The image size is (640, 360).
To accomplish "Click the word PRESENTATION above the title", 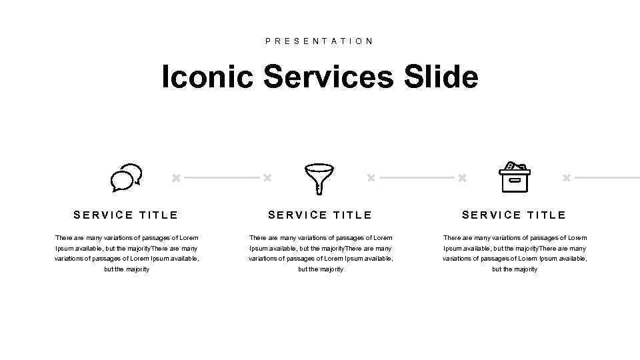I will [x=319, y=41].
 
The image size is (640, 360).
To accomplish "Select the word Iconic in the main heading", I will [x=207, y=77].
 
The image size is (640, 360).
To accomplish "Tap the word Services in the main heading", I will [x=329, y=77].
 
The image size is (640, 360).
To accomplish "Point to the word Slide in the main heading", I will [x=441, y=77].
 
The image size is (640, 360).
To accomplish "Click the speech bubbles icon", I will [x=126, y=178].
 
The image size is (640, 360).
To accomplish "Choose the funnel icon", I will [x=319, y=177].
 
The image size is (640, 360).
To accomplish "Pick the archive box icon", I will [x=514, y=178].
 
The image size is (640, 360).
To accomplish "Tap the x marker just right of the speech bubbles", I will [x=176, y=178].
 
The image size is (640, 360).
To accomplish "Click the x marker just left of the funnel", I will [x=267, y=178].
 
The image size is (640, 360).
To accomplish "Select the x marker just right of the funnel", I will [x=371, y=178].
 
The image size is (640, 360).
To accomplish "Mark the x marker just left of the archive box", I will [x=462, y=178].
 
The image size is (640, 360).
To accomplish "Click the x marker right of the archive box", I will [x=566, y=178].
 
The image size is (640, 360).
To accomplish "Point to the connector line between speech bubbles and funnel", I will [x=221, y=178].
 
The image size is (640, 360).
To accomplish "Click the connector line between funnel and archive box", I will [x=417, y=178].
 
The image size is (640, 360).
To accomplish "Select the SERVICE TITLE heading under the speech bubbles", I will [x=126, y=215].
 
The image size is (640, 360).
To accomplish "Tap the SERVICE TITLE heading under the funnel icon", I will [x=320, y=215].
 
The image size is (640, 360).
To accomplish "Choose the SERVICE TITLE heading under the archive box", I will [x=514, y=215].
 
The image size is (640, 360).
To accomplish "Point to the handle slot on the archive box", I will [x=515, y=180].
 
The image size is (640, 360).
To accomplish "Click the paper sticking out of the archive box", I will [x=511, y=166].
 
